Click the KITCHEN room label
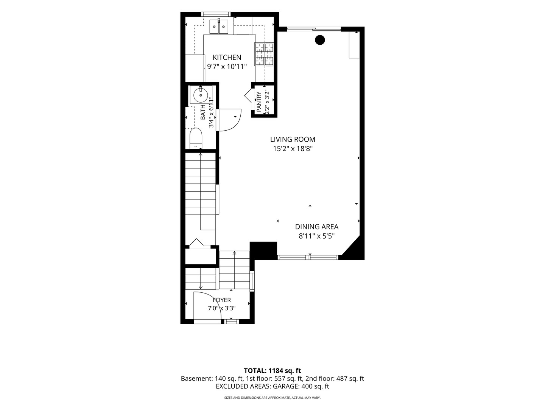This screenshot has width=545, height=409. (227, 57)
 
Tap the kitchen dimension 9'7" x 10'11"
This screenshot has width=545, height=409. (227, 67)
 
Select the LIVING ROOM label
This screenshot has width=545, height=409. (293, 139)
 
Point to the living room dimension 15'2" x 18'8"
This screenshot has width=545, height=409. (293, 149)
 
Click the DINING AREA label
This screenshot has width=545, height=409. (316, 227)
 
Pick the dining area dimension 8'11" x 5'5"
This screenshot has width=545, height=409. (316, 236)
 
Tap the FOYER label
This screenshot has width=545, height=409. (222, 300)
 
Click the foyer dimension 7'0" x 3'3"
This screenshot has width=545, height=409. (222, 308)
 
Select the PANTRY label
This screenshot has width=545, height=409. (258, 101)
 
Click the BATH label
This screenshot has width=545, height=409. (203, 112)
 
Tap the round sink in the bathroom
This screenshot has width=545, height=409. (201, 95)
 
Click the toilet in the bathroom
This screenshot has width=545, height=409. (196, 138)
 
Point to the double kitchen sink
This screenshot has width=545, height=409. (219, 27)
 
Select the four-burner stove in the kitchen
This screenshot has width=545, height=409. (264, 55)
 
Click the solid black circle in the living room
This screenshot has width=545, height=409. (320, 40)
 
